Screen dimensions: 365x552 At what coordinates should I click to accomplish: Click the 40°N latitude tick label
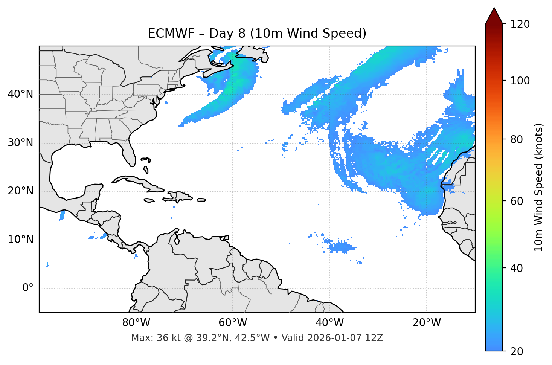(20, 94)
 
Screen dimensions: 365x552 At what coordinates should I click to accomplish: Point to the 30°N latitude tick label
(20, 143)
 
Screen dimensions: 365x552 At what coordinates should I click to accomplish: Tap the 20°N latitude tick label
(20, 191)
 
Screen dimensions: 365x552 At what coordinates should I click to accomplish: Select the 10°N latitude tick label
(20, 240)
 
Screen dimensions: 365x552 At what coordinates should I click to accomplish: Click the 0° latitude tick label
(28, 288)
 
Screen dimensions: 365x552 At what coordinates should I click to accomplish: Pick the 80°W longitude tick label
(136, 323)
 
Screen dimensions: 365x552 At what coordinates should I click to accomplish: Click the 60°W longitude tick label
(233, 323)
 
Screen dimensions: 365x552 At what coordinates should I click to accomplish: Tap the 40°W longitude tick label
(329, 323)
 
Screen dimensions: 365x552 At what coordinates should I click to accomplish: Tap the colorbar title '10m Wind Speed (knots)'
(539, 188)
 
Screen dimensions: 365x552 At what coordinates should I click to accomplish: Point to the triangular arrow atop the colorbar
(494, 16)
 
